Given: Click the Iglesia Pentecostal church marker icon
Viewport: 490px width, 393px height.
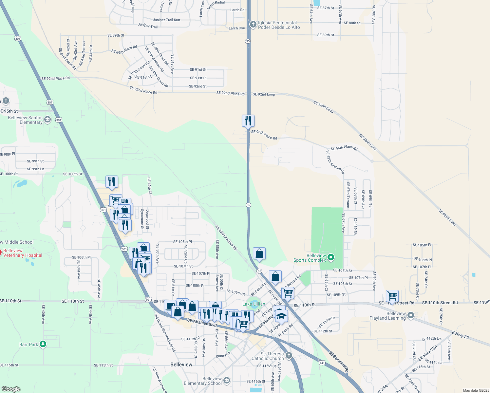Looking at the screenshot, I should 253,25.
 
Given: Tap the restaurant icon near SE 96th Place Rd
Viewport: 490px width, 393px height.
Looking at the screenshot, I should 248,121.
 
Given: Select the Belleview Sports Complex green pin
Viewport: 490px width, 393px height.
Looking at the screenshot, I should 331,257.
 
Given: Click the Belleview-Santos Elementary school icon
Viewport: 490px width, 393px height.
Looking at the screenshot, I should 47,120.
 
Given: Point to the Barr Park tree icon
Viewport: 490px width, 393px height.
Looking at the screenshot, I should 43,344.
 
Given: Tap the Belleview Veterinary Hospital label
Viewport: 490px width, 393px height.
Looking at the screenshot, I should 23,253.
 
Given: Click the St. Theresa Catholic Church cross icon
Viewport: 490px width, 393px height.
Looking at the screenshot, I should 289,355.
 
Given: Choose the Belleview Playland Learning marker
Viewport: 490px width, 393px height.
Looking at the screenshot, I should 411,315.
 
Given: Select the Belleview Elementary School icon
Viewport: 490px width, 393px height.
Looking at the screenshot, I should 226,381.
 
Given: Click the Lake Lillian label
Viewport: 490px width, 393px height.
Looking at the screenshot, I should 254,304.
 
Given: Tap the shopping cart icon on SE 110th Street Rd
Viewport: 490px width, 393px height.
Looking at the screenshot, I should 392,296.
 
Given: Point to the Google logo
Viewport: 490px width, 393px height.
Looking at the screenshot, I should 11,389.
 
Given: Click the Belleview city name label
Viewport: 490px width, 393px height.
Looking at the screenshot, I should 181,365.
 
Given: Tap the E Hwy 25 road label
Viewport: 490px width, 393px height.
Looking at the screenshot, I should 461,335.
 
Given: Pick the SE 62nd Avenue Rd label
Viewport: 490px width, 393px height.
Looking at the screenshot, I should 226,238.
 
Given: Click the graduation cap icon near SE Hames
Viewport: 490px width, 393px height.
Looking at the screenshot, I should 281,316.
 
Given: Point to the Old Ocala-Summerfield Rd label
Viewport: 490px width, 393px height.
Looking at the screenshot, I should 165,332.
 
